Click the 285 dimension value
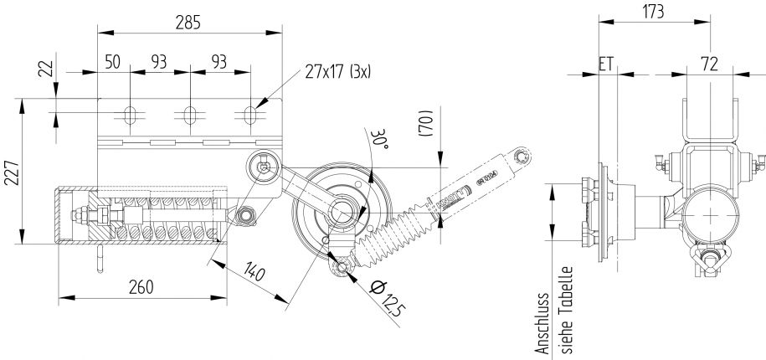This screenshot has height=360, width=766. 188,23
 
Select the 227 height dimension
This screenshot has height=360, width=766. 11,172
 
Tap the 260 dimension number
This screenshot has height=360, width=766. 141,287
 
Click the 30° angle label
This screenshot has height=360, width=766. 381,139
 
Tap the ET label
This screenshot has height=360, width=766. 607,64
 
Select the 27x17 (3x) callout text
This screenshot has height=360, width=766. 337,71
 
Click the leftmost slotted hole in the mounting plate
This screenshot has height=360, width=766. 130,113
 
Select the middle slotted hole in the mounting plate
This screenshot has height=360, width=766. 191,113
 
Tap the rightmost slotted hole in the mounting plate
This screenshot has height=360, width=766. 251,113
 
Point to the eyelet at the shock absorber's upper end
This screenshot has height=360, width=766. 522,155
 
